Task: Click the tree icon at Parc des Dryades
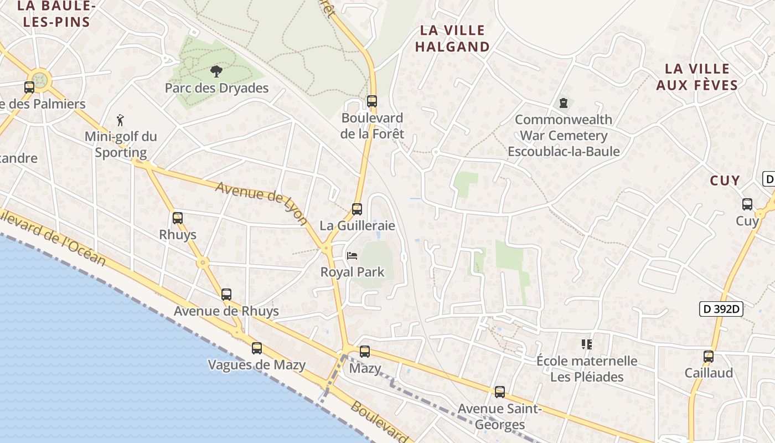click(x=216, y=71)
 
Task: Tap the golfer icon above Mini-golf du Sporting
click(x=121, y=119)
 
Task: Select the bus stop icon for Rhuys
click(x=178, y=218)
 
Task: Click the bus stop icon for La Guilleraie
click(x=357, y=209)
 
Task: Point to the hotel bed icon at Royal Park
click(x=352, y=256)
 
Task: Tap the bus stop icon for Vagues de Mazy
click(x=257, y=348)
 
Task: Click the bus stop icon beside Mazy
click(x=365, y=352)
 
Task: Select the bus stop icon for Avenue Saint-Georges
click(x=500, y=392)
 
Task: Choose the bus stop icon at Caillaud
click(x=709, y=357)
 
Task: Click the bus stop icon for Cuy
click(x=747, y=204)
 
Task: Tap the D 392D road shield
click(x=721, y=309)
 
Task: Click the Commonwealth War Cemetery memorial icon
click(x=564, y=103)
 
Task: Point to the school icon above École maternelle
click(x=587, y=344)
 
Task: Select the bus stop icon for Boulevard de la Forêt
click(x=372, y=101)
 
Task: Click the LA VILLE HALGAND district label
click(x=452, y=38)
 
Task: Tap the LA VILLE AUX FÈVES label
click(x=697, y=77)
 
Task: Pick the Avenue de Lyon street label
click(x=262, y=203)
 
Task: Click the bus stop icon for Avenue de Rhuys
click(x=226, y=295)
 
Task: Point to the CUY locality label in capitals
click(x=725, y=181)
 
